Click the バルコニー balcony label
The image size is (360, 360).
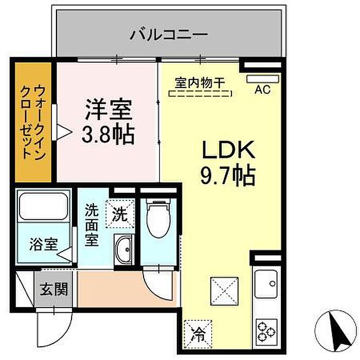169,35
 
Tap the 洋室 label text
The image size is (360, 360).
109,109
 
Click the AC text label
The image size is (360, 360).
263,91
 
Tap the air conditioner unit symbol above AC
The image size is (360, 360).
262,79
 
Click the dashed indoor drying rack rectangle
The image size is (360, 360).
201,94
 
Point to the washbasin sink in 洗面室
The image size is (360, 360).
123,251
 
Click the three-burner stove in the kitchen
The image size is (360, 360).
266,329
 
